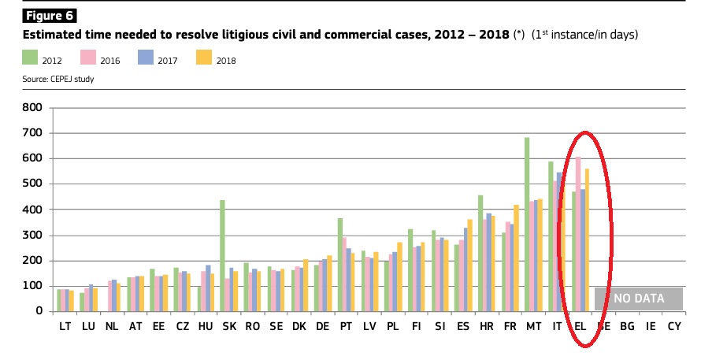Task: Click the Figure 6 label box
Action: pyautogui.click(x=49, y=15)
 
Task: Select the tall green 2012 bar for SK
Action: pyautogui.click(x=222, y=255)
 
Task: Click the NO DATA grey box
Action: pyautogui.click(x=639, y=298)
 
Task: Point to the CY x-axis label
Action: pyautogui.click(x=674, y=326)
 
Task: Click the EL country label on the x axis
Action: pyautogui.click(x=580, y=326)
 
